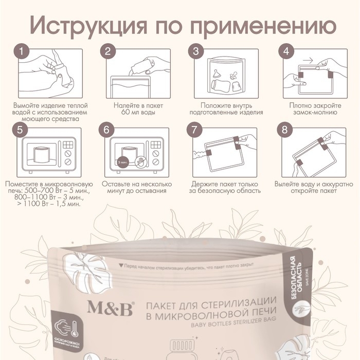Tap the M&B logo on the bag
(x=110, y=308)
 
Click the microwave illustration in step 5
(x=50, y=154)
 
